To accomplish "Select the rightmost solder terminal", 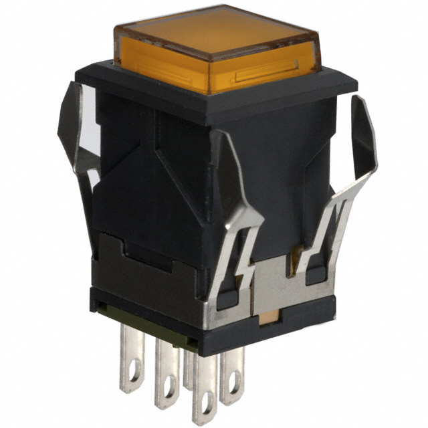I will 233,378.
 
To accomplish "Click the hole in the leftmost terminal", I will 132,379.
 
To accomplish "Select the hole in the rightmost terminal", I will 233,388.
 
